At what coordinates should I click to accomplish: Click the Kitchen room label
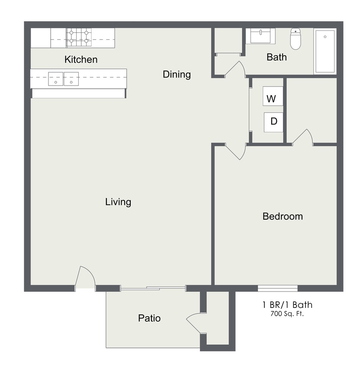click(81, 60)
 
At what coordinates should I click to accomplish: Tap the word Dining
click(177, 74)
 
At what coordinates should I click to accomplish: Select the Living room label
click(118, 202)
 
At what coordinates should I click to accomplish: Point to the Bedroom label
click(283, 216)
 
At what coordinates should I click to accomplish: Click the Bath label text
click(276, 57)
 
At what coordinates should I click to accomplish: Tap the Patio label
click(149, 318)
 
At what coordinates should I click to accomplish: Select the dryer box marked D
click(273, 122)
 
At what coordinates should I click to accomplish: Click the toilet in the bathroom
click(296, 38)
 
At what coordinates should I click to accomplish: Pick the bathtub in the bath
click(325, 51)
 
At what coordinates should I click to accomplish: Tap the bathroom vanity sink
click(260, 36)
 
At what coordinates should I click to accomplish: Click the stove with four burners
click(79, 38)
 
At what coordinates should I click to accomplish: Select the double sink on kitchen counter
click(63, 79)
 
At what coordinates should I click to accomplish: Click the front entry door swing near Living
click(85, 277)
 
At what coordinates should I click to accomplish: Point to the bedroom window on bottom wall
click(277, 288)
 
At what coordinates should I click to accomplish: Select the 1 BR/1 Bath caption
click(287, 305)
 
